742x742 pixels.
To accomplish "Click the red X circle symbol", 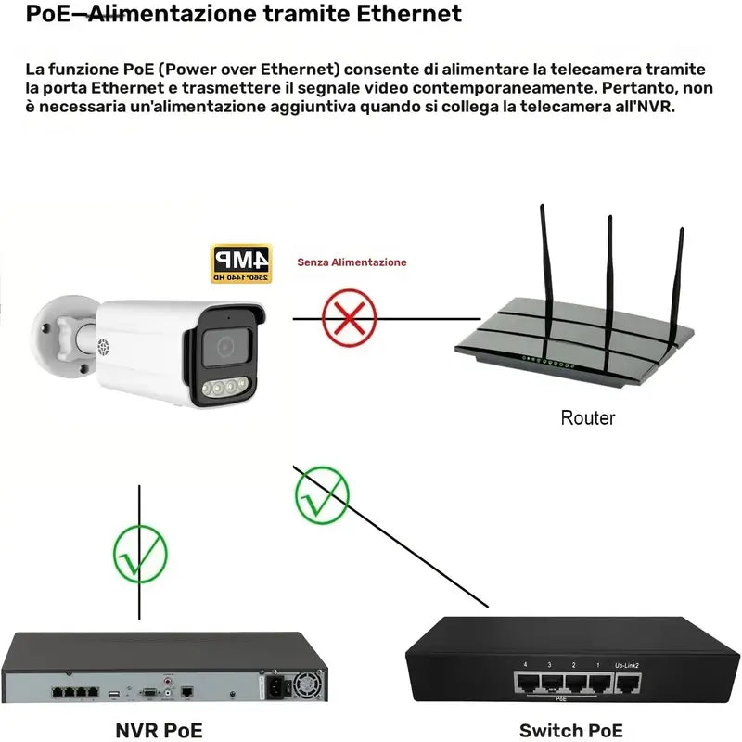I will (349, 317).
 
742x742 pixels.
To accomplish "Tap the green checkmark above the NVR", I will (140, 553).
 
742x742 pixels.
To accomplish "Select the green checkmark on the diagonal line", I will (321, 494).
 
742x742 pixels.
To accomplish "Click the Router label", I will (587, 417).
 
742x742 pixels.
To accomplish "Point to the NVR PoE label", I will (159, 730).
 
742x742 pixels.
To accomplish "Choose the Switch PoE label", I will (570, 730).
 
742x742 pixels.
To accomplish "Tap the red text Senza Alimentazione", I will (352, 262).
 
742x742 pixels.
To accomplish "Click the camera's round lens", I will (224, 346).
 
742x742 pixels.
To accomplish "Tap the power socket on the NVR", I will (280, 688).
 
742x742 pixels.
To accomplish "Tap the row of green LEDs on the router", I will (550, 362).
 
